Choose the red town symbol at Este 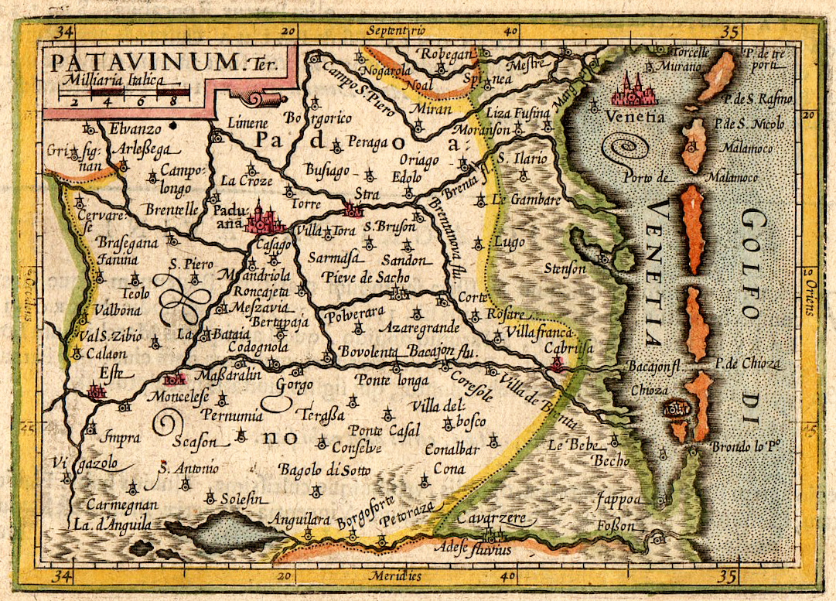coord(97,391)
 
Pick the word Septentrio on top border coord(397,31)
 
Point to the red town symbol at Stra coord(353,209)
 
